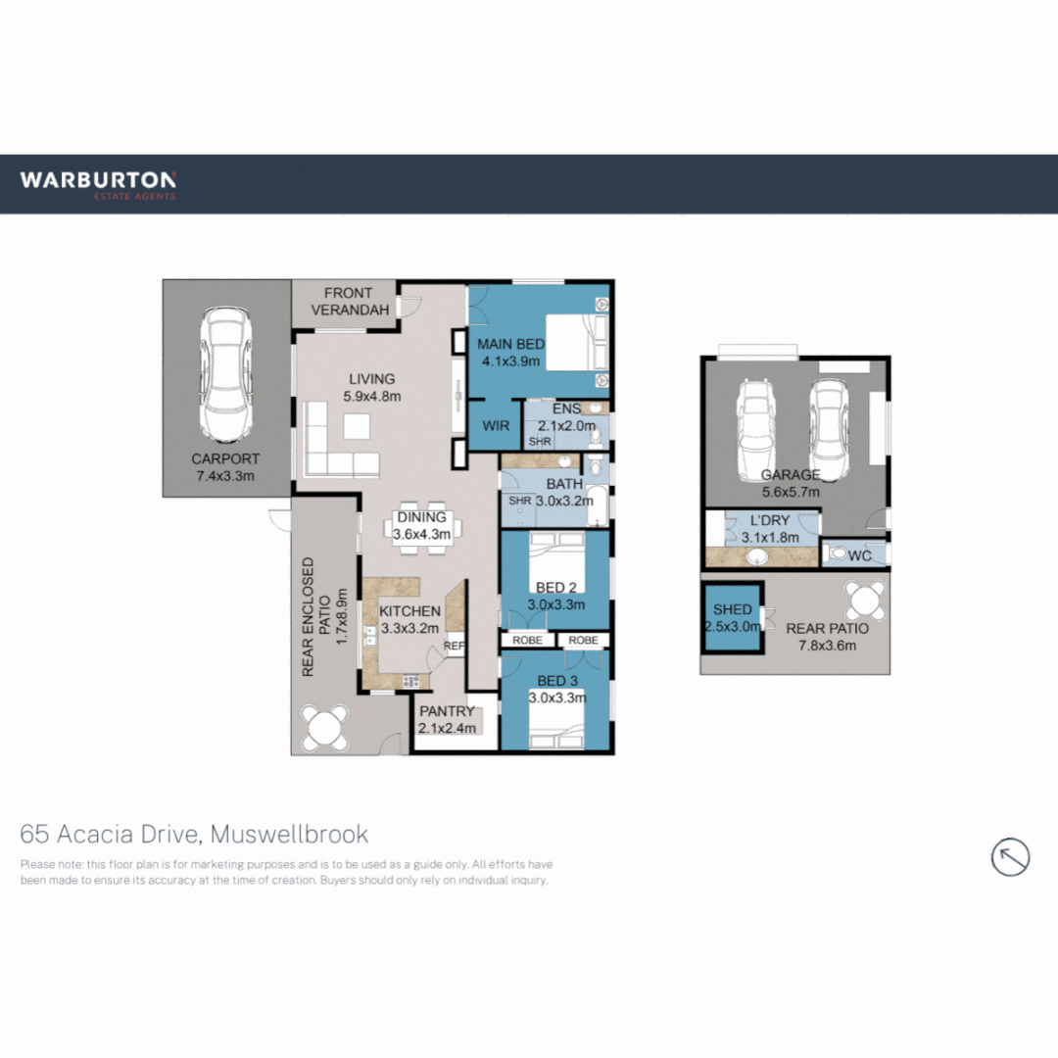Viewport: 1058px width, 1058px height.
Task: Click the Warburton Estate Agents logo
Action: [x=98, y=183]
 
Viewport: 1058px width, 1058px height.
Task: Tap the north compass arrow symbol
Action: [x=1010, y=856]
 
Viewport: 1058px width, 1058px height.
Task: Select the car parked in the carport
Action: [x=225, y=374]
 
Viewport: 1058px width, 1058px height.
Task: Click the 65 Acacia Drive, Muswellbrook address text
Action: [x=195, y=834]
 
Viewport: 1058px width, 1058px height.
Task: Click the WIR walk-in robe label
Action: [x=494, y=426]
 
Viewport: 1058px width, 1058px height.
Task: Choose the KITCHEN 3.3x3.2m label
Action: [x=409, y=619]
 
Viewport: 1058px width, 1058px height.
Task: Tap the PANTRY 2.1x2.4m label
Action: [x=447, y=719]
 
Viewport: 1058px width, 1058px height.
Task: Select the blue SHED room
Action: [x=732, y=618]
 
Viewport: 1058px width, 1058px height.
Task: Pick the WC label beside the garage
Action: [x=859, y=555]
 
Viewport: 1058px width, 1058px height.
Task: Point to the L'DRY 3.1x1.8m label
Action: [x=769, y=529]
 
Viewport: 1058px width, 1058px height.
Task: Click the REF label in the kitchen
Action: [x=454, y=647]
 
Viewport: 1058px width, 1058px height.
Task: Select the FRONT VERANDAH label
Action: [x=350, y=301]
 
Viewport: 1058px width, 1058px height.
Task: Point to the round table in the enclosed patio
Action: [x=324, y=727]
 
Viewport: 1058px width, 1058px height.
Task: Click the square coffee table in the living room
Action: [x=357, y=426]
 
